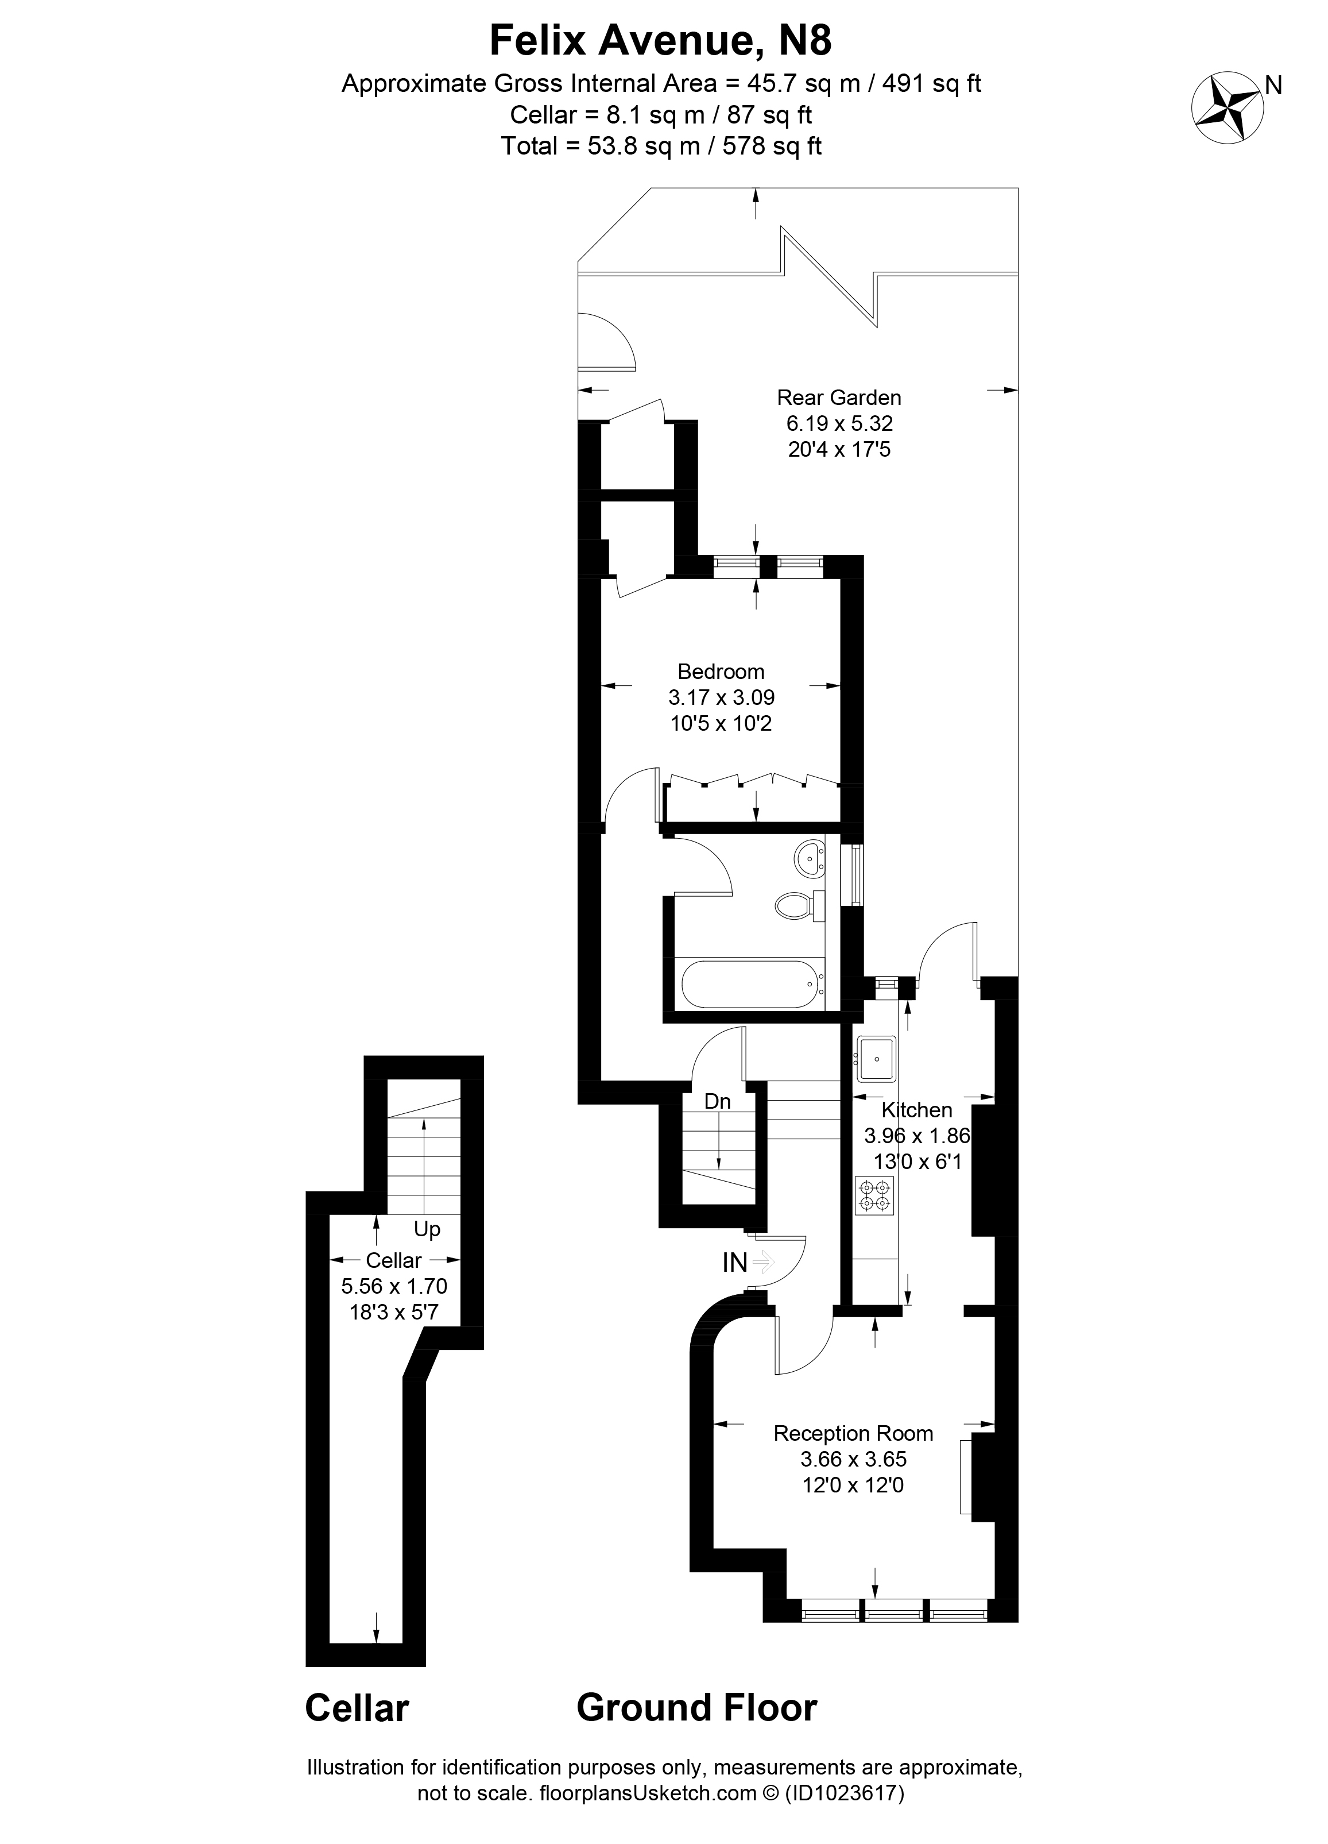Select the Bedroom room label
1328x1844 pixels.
[721, 672]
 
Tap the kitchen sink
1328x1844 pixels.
[876, 1059]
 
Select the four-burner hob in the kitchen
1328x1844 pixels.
[874, 1195]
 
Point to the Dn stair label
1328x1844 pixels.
[718, 1102]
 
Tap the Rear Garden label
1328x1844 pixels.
[839, 398]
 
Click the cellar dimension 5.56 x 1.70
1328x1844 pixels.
[394, 1286]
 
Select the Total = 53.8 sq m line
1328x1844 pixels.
[661, 146]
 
